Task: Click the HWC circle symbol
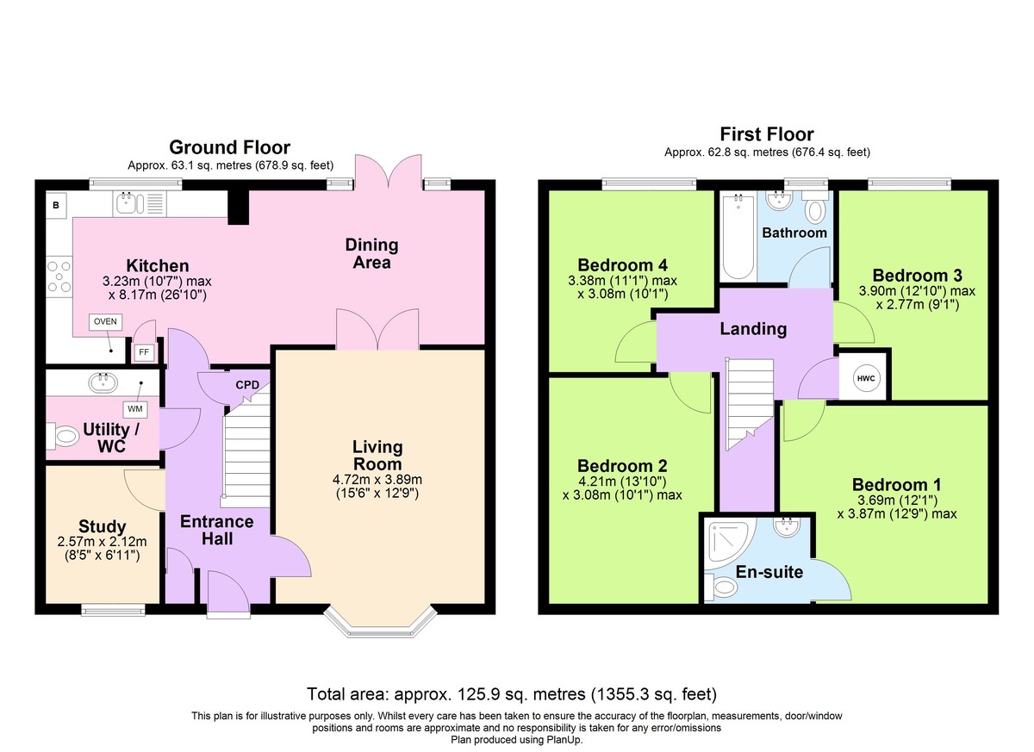pos(865,378)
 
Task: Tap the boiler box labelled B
pos(56,205)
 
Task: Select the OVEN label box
pos(105,321)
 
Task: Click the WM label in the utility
pos(134,409)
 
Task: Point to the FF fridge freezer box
pos(144,352)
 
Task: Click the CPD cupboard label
pos(247,385)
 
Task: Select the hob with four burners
pos(59,277)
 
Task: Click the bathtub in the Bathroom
pos(738,236)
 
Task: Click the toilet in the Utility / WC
pos(63,436)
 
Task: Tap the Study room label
pos(102,526)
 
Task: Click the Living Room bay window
pos(380,621)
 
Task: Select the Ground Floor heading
pos(229,147)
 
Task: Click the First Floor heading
pos(767,134)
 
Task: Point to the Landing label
pos(753,328)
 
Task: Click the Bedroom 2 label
pos(622,465)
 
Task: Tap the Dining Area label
pos(371,253)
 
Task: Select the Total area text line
pos(512,694)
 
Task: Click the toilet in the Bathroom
pos(815,208)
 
